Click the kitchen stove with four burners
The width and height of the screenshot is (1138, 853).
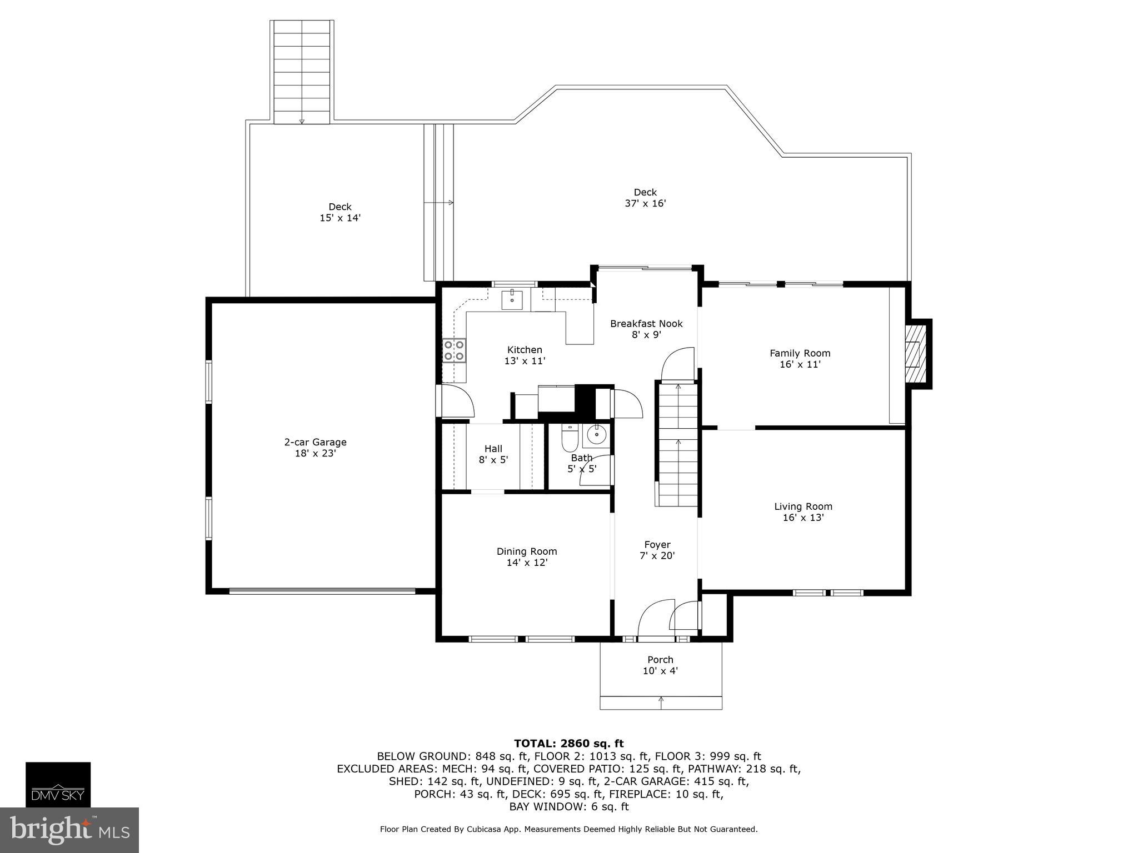[454, 350]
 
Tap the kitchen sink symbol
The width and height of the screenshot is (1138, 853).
[512, 299]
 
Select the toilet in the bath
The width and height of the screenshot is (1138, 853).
[570, 439]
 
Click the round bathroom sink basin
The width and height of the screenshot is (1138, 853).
[596, 435]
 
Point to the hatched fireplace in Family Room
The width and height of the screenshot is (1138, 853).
[916, 354]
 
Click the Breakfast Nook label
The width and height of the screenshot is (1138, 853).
[646, 323]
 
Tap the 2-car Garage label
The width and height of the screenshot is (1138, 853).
[315, 442]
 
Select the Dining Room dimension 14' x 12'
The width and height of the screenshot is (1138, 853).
[526, 563]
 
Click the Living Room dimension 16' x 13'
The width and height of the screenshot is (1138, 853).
[803, 518]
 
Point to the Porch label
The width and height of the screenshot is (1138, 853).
[660, 660]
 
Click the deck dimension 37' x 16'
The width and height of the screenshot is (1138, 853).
[645, 203]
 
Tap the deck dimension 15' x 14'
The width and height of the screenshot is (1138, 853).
[340, 218]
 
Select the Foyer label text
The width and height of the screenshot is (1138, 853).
[657, 544]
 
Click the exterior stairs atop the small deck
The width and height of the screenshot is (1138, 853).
[302, 72]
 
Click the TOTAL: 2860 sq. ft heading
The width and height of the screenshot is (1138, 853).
[568, 743]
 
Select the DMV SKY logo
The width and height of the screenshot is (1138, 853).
[58, 784]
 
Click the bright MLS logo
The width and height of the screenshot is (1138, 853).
[69, 830]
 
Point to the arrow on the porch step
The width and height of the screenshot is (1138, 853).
[661, 702]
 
